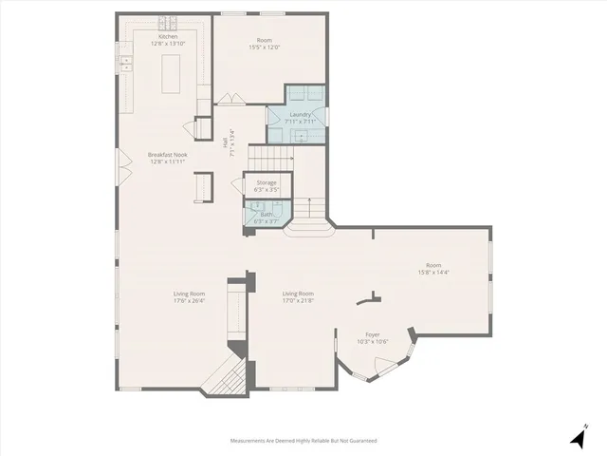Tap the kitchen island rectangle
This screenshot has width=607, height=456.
click(172, 73)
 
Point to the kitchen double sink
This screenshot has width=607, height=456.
click(125, 63)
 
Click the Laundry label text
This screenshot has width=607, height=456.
click(301, 114)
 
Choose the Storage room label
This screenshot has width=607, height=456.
click(267, 181)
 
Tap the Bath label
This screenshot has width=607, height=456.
click(267, 214)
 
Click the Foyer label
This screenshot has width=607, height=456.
click(373, 334)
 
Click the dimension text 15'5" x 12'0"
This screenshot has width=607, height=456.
click(265, 47)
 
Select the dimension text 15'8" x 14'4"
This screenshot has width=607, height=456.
click(433, 273)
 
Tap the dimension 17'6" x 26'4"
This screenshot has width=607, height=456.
click(190, 301)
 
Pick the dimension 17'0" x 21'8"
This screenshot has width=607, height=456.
click(298, 301)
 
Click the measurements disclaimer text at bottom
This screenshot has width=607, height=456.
click(303, 441)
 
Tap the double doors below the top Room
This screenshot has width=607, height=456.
click(230, 99)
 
